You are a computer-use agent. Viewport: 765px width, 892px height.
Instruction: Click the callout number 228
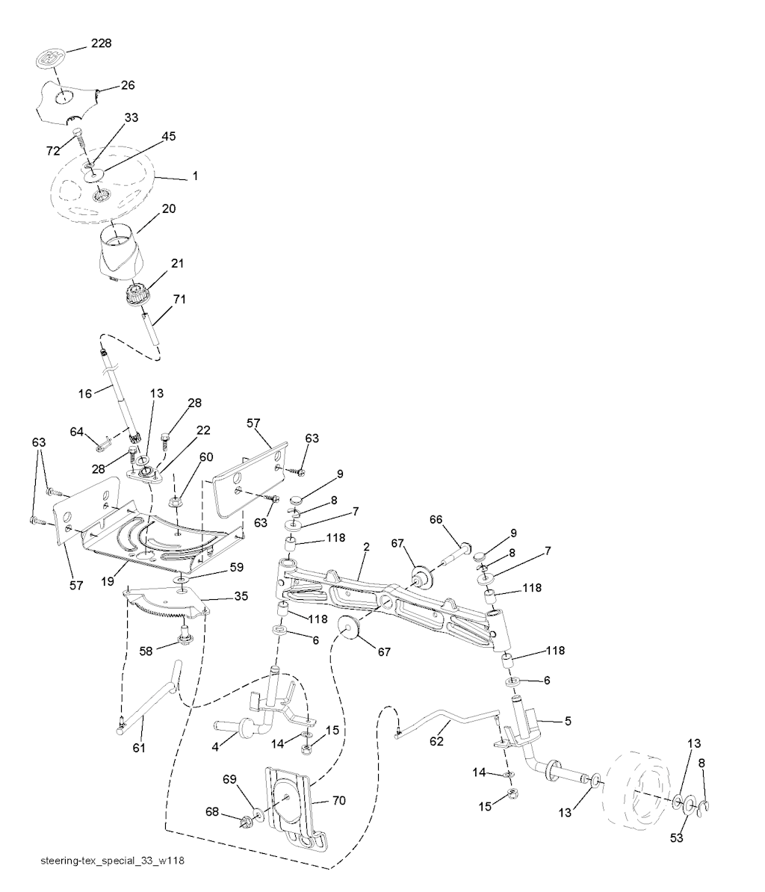(x=102, y=44)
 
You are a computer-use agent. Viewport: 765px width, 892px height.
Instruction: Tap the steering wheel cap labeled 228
(x=51, y=58)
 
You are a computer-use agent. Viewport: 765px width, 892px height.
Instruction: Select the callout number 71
(x=180, y=300)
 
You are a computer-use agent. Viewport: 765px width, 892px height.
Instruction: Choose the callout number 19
(x=108, y=579)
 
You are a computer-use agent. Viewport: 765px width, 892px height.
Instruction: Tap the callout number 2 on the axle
(x=366, y=548)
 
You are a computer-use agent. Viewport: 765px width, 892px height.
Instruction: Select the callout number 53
(x=677, y=838)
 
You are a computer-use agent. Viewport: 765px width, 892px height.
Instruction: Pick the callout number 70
(x=338, y=801)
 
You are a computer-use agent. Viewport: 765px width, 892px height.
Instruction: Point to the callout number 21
(x=178, y=264)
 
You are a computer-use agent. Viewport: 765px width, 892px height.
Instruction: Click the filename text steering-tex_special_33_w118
(x=112, y=861)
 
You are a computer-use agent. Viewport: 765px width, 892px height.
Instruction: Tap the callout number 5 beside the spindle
(x=568, y=721)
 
